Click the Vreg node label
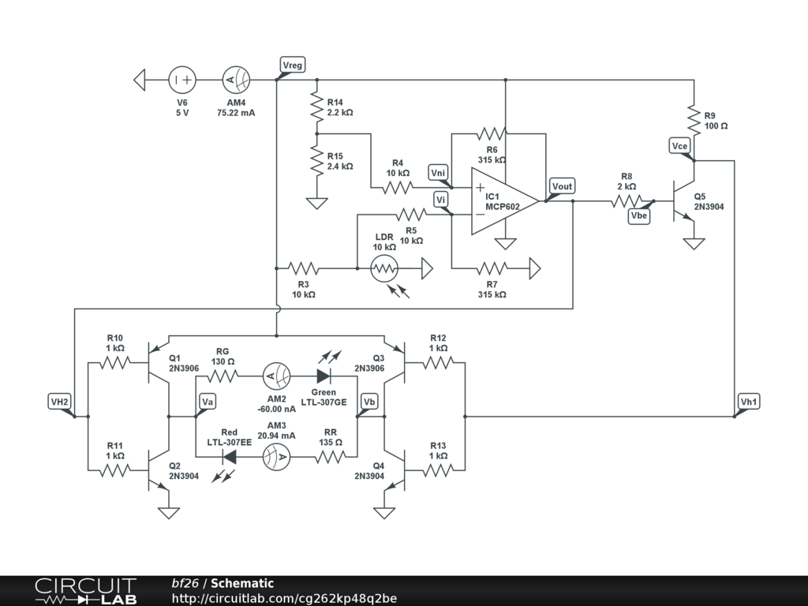(x=292, y=65)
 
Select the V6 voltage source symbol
(x=182, y=80)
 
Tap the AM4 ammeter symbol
(x=236, y=80)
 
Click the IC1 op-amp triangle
(x=503, y=200)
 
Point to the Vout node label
(x=563, y=186)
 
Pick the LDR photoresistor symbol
(x=384, y=269)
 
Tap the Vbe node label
(x=639, y=215)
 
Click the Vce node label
(x=680, y=145)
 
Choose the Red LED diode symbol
(x=230, y=456)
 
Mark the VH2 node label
(x=60, y=402)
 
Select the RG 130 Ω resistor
(x=223, y=376)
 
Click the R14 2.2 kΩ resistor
(x=317, y=107)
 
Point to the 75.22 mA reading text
(x=236, y=113)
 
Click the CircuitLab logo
(x=84, y=591)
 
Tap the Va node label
(x=208, y=402)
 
